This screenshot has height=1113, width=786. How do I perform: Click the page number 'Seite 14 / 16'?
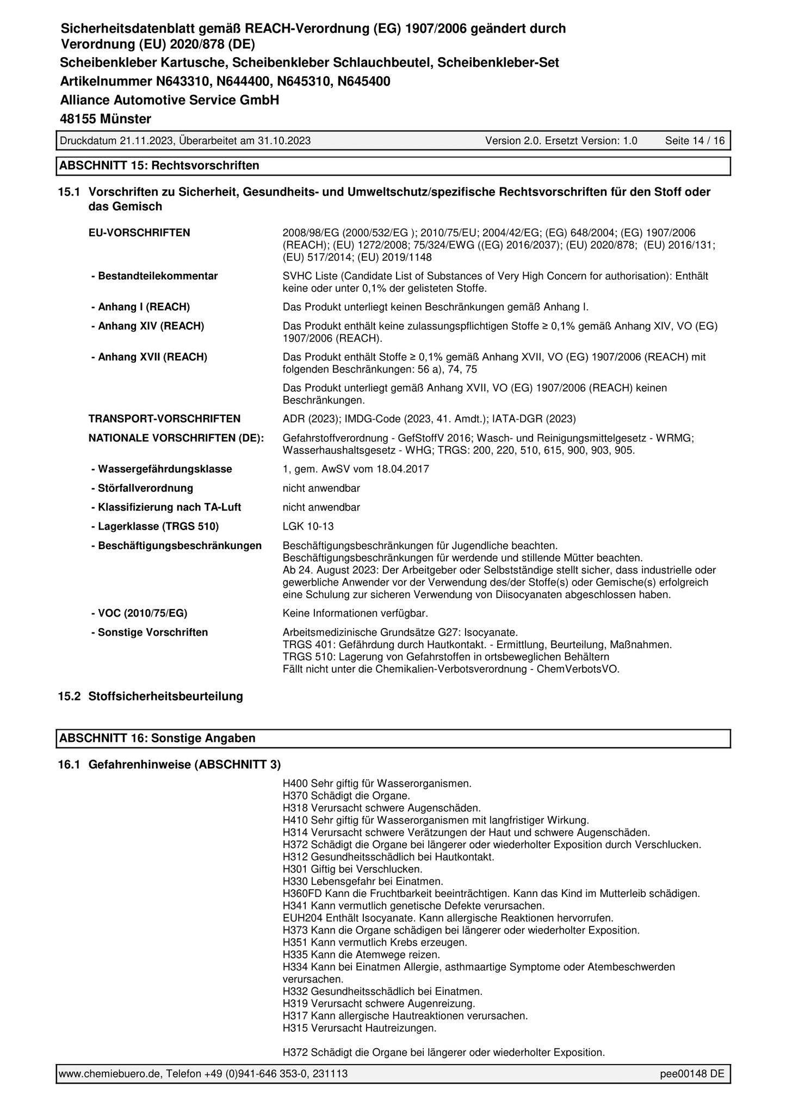pyautogui.click(x=695, y=140)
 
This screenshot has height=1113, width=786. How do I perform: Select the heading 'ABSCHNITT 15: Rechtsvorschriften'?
pyautogui.click(x=159, y=165)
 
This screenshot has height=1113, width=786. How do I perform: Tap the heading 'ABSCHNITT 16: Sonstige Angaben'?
pyautogui.click(x=157, y=738)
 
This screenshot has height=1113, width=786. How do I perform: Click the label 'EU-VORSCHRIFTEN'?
pyautogui.click(x=139, y=233)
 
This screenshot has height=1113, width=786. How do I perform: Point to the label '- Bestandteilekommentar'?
pyautogui.click(x=154, y=276)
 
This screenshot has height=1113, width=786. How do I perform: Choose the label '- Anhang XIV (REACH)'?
pyautogui.click(x=147, y=326)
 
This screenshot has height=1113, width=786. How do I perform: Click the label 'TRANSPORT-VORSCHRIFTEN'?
pyautogui.click(x=164, y=419)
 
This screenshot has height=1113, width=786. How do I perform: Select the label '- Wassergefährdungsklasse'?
pyautogui.click(x=162, y=469)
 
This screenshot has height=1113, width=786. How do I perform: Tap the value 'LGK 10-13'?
pyautogui.click(x=308, y=526)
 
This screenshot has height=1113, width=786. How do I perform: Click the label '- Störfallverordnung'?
pyautogui.click(x=142, y=488)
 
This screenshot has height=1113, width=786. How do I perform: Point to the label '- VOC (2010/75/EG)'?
pyautogui.click(x=139, y=613)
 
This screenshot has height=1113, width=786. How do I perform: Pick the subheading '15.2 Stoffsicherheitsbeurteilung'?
pyautogui.click(x=151, y=696)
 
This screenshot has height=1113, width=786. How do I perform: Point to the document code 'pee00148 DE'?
pyautogui.click(x=692, y=1074)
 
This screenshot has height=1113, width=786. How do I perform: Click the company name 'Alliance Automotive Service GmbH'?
pyautogui.click(x=169, y=100)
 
